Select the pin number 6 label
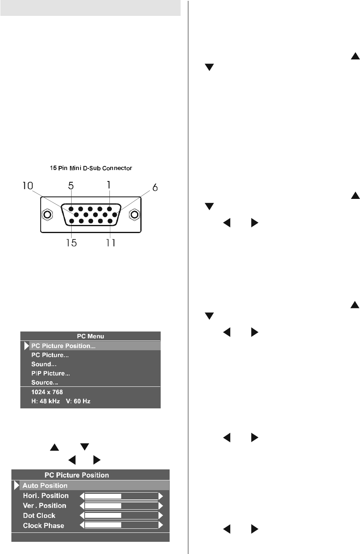tap(155, 188)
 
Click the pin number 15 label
tap(70, 243)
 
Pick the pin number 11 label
tap(110, 243)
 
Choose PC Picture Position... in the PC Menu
tap(66, 346)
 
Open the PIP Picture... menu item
tap(51, 373)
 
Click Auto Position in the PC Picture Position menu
tap(45, 485)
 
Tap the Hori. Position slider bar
tap(121, 496)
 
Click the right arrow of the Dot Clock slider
tap(161, 515)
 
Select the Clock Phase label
tap(44, 525)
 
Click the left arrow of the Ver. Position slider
tap(81, 506)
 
